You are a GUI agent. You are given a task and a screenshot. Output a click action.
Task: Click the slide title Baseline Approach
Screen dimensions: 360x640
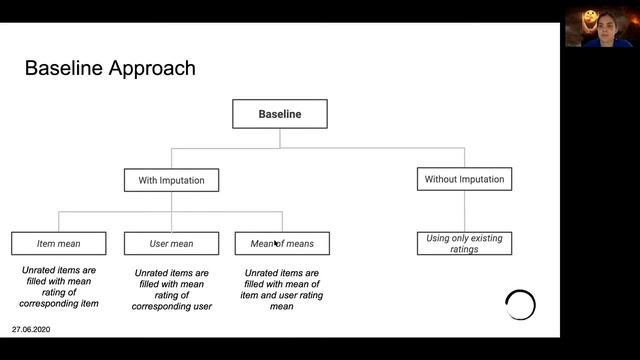coord(109,69)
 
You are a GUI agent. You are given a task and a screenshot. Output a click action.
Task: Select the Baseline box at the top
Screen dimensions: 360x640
coord(280,114)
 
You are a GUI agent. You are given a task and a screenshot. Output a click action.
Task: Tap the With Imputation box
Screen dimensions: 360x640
coord(171,180)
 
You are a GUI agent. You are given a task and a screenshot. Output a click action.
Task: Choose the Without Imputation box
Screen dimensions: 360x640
coord(464,179)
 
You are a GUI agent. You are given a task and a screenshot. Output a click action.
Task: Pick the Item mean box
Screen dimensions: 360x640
coord(58,243)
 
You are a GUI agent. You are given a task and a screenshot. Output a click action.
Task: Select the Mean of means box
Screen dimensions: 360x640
coord(282,243)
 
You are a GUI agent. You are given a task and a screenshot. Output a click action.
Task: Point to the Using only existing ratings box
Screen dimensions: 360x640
coord(464,243)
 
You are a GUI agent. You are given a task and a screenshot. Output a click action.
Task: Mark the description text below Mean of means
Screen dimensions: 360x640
coord(282,289)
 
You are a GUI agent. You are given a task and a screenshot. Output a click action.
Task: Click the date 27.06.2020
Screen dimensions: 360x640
coord(31,329)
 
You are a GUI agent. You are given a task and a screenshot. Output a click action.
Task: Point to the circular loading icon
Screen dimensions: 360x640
coord(520,305)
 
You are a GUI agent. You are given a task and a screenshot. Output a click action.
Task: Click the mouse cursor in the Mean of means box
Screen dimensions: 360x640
coord(276,242)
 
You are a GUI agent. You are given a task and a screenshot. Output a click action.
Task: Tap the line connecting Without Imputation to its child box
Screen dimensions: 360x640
coord(464,211)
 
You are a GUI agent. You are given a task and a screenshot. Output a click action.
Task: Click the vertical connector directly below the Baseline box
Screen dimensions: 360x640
coord(280,138)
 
